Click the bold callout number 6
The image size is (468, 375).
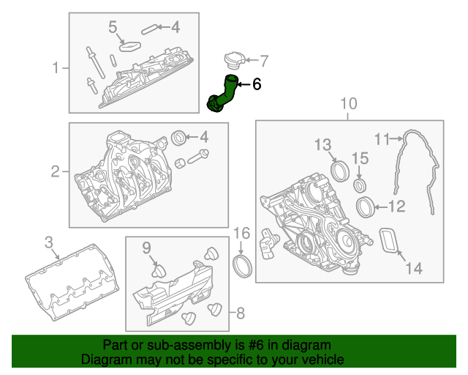pyautogui.click(x=257, y=84)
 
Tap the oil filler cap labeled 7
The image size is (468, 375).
pyautogui.click(x=234, y=61)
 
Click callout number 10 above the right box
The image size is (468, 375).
pyautogui.click(x=349, y=103)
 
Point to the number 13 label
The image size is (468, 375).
pyautogui.click(x=323, y=144)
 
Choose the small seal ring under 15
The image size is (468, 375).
pyautogui.click(x=360, y=185)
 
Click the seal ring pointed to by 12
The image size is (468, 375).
pyautogui.click(x=366, y=207)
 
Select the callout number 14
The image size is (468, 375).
pyautogui.click(x=414, y=268)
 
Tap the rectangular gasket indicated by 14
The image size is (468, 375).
pyautogui.click(x=388, y=240)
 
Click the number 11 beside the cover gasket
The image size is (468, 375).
pyautogui.click(x=382, y=139)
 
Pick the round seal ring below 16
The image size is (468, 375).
pyautogui.click(x=242, y=266)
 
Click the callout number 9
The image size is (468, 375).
pyautogui.click(x=146, y=248)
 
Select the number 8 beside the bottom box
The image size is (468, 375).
pyautogui.click(x=241, y=313)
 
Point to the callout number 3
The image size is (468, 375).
pyautogui.click(x=49, y=242)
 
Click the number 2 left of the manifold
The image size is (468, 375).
pyautogui.click(x=56, y=171)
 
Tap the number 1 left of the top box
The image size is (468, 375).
pyautogui.click(x=56, y=67)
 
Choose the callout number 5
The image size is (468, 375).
pyautogui.click(x=113, y=27)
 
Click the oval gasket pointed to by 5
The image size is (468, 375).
pyautogui.click(x=130, y=46)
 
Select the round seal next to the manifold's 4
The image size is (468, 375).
pyautogui.click(x=178, y=138)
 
